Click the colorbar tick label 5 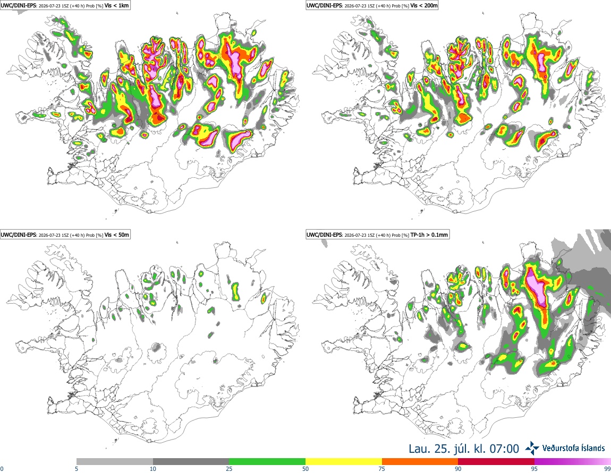click(x=77, y=469)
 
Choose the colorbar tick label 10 click(x=153, y=469)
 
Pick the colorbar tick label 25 click(x=229, y=469)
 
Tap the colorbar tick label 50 click(x=305, y=469)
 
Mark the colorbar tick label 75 click(x=382, y=469)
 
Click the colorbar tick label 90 click(x=458, y=469)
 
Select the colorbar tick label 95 click(x=534, y=469)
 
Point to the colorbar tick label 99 click(x=607, y=469)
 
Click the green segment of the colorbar click(x=267, y=462)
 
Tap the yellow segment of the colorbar click(x=344, y=462)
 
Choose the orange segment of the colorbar click(x=420, y=462)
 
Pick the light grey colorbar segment click(x=115, y=462)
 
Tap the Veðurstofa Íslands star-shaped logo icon click(x=532, y=449)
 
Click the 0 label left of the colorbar click(x=2, y=469)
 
